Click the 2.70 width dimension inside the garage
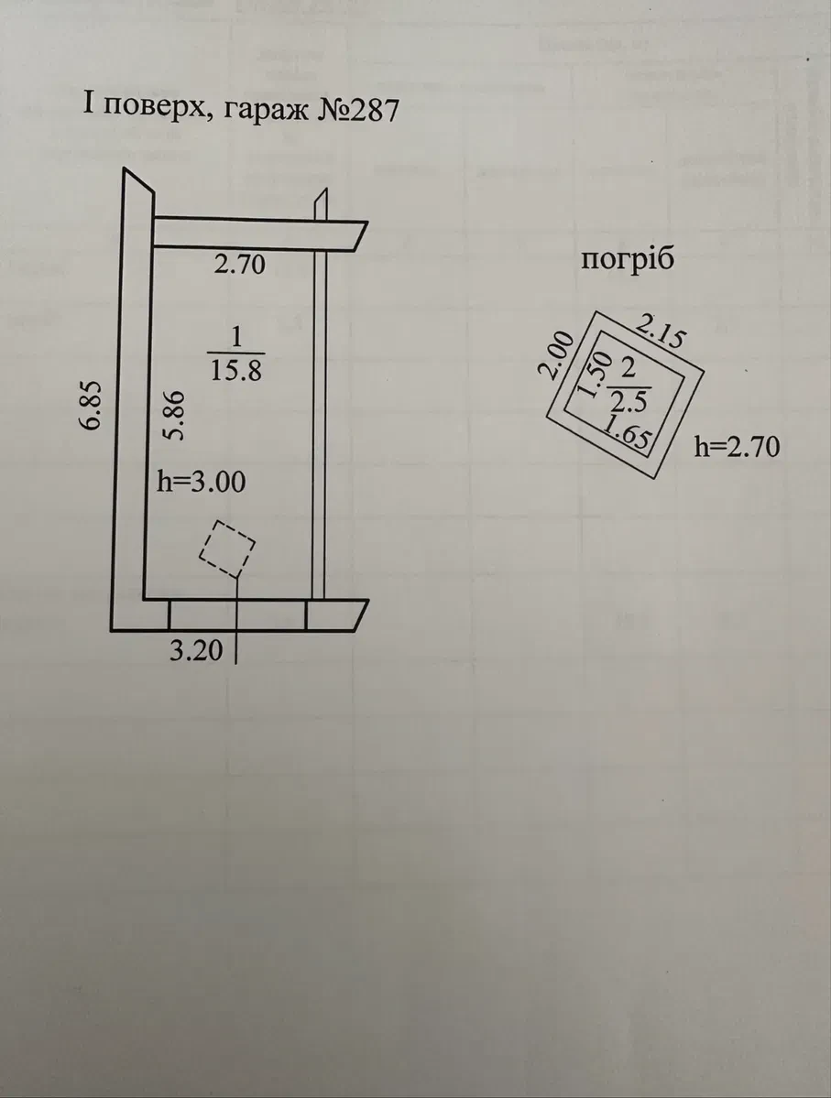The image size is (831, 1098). (240, 265)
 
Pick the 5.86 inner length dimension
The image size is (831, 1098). (173, 416)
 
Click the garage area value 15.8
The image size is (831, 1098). (236, 370)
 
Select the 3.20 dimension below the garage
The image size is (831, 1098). (196, 650)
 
